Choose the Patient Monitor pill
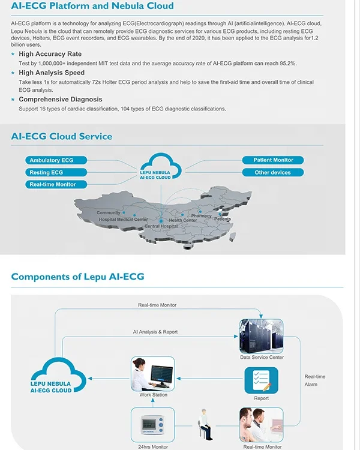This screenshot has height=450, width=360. (273, 160)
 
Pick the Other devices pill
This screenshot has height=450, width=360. (273, 172)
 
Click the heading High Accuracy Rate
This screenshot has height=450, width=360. (50, 54)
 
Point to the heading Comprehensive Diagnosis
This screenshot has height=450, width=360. (61, 99)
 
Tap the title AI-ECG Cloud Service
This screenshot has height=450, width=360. (62, 136)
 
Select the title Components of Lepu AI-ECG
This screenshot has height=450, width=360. (77, 277)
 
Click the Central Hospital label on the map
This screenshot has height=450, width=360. (161, 226)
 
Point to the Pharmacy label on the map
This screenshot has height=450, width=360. (202, 216)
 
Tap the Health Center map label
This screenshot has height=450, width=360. (182, 220)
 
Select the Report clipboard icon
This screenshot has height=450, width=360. (261, 380)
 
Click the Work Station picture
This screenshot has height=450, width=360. (153, 374)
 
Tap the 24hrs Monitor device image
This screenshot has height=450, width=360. (152, 424)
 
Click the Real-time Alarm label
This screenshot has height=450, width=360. (315, 380)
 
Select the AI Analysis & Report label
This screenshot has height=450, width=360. (155, 332)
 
